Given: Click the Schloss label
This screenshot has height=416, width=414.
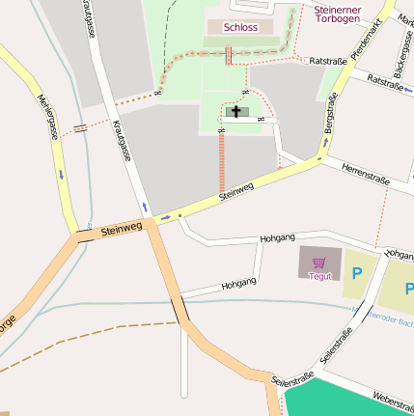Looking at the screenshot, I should [x=240, y=28].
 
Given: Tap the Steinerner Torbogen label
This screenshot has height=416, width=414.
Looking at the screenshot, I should [x=339, y=14].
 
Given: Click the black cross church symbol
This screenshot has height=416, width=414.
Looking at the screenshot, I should [x=236, y=112].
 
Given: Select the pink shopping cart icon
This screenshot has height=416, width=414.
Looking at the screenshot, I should [x=319, y=261].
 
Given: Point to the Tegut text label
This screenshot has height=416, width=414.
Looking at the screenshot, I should [x=319, y=276].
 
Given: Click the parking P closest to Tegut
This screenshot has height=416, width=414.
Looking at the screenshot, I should [x=356, y=274].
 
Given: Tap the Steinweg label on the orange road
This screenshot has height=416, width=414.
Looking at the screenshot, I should [x=121, y=228].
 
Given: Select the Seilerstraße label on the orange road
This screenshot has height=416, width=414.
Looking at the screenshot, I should [x=293, y=385].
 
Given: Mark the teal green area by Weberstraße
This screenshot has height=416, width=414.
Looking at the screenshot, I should [x=347, y=401].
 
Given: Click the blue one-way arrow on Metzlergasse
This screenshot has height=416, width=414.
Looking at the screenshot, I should [x=61, y=175].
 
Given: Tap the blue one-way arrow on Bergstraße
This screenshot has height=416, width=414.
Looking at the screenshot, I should [x=325, y=143].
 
